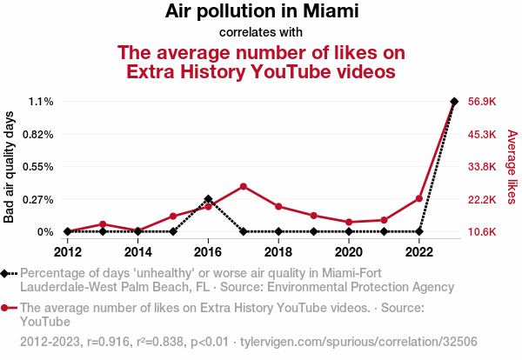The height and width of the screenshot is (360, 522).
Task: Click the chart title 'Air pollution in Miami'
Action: pos(261,12)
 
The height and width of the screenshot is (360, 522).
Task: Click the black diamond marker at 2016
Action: pos(208,199)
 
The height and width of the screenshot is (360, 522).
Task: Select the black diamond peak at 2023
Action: pos(454,102)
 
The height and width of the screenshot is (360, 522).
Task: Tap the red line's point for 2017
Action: pos(244,186)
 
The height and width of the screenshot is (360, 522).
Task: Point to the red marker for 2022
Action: pos(419,198)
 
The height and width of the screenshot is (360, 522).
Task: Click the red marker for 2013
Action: pos(103,224)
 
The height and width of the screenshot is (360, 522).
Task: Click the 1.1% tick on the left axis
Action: pos(40,102)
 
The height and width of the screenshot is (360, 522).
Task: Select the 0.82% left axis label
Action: pos(37,134)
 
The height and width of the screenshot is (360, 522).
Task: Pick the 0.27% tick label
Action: pos(37,199)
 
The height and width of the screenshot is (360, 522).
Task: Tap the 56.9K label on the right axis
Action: pos(482,102)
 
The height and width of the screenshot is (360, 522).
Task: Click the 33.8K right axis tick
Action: pos(482,167)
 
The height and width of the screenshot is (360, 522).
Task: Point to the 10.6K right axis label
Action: pos(482,232)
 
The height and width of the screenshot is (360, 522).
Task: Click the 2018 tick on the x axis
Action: pos(278,252)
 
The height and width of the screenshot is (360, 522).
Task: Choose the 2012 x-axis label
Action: pos(68,252)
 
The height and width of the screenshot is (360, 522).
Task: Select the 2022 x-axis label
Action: pos(419,252)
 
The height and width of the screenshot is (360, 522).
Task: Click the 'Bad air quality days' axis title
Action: pos(10,167)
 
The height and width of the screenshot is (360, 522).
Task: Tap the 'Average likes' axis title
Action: pos(512,167)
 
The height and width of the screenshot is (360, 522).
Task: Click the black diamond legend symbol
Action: pos(9,274)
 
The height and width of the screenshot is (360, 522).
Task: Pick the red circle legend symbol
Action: pos(9,308)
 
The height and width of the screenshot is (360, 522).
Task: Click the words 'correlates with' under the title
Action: pos(261,32)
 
